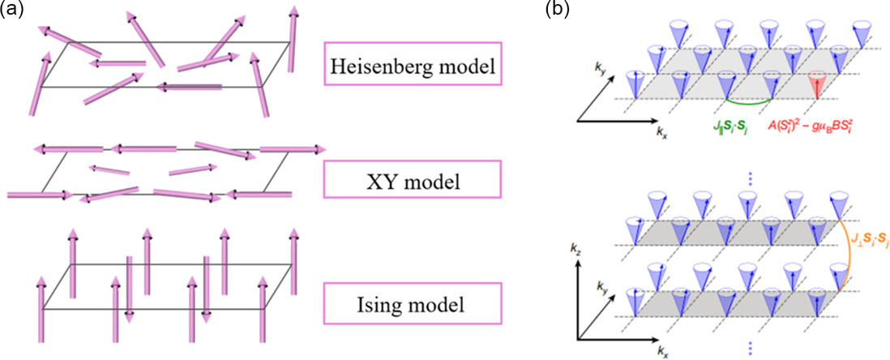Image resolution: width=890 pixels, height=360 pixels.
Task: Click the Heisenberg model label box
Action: point(412,63)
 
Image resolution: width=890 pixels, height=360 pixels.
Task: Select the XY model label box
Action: point(412,182)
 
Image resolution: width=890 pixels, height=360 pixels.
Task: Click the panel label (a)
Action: point(11,10)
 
